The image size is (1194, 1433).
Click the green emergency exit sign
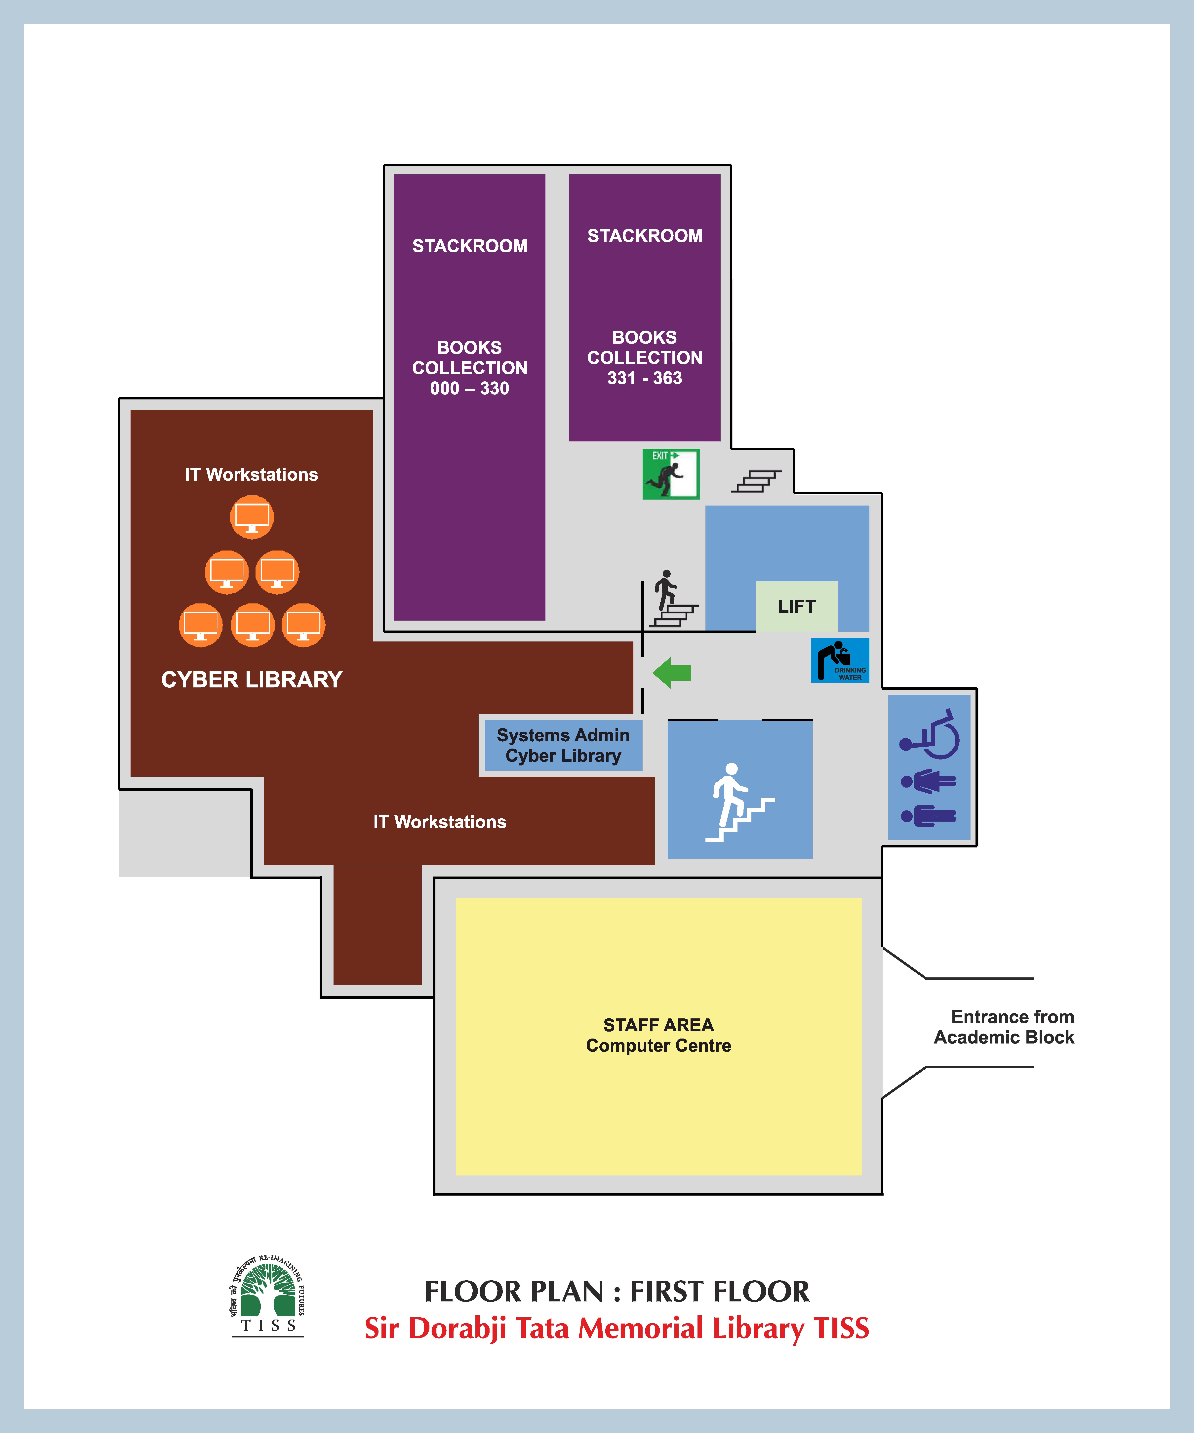click(x=671, y=473)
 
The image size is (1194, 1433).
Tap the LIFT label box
click(x=796, y=606)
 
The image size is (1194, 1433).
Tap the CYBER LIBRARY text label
click(x=252, y=680)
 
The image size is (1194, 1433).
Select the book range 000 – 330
click(x=469, y=388)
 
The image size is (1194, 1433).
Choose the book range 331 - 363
click(x=645, y=378)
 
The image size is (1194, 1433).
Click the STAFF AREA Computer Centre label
click(x=658, y=1035)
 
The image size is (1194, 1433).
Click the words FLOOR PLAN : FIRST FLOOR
click(x=617, y=1292)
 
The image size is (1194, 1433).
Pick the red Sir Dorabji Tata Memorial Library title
click(x=617, y=1328)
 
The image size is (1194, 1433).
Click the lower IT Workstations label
click(x=439, y=822)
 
